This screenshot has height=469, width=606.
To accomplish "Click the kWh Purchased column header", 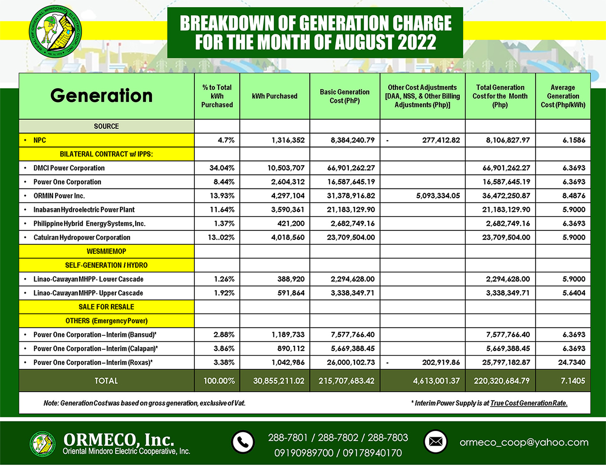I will click(274, 96).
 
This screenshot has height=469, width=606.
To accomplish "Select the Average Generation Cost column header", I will click(563, 96).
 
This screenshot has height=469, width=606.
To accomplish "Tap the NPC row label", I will click(40, 140).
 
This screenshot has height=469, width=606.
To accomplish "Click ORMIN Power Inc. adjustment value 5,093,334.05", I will click(438, 196).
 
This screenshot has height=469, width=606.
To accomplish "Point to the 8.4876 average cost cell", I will click(573, 196).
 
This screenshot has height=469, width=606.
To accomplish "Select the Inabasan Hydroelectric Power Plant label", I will click(84, 209).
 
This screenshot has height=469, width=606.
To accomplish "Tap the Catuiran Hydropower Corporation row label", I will click(81, 237).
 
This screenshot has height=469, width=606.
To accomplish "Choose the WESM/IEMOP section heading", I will click(106, 251).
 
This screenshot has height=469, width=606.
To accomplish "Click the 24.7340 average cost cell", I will click(572, 362).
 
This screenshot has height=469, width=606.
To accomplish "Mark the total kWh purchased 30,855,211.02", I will click(278, 381).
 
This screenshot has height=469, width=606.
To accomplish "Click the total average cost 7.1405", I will click(573, 381).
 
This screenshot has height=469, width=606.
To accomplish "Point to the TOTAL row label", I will click(106, 381).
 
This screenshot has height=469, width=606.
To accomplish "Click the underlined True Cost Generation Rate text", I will click(529, 403).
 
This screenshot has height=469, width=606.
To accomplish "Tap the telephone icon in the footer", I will click(243, 442).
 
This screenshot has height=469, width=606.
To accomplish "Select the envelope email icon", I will click(435, 442).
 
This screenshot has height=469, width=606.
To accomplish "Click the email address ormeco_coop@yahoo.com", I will click(524, 442).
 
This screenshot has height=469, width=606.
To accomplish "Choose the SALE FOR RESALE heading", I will click(106, 307).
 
